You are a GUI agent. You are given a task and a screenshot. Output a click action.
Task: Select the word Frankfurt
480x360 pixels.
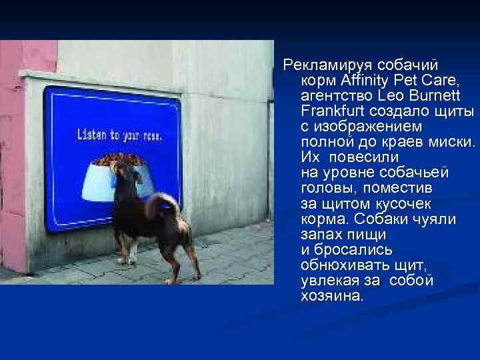[x=332, y=111]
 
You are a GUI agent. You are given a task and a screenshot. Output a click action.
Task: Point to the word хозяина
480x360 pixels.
[x=332, y=295]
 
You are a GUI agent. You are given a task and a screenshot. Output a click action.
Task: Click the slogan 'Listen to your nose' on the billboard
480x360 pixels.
[x=119, y=135]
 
